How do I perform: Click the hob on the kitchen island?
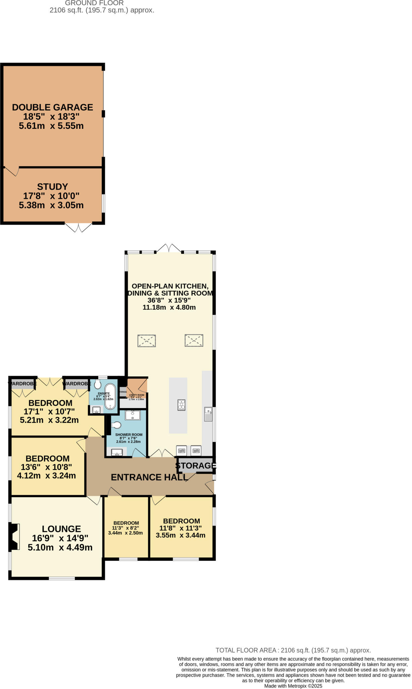click(181, 405)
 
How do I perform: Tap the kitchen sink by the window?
click(208, 414)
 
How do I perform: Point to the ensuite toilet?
click(98, 384)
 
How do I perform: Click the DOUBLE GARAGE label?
click(52, 107)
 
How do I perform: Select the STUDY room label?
click(52, 187)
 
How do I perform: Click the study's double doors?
click(78, 228)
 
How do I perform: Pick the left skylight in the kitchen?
click(147, 340)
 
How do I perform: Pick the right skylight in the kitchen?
click(194, 340)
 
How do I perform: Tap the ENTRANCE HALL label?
click(149, 477)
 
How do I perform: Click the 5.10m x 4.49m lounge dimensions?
click(60, 547)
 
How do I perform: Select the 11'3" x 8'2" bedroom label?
click(125, 528)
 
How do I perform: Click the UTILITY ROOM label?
click(137, 395)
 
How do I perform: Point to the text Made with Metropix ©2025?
click(293, 686)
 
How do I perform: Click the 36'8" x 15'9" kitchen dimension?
click(169, 300)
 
